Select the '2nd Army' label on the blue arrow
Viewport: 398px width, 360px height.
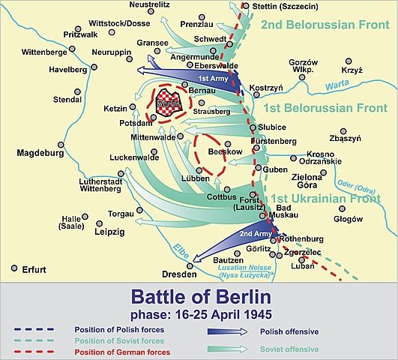pyautogui.click(x=251, y=233)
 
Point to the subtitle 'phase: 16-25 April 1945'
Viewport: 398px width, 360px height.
pyautogui.click(x=199, y=313)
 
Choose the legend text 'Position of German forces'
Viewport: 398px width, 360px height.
pyautogui.click(x=121, y=352)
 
